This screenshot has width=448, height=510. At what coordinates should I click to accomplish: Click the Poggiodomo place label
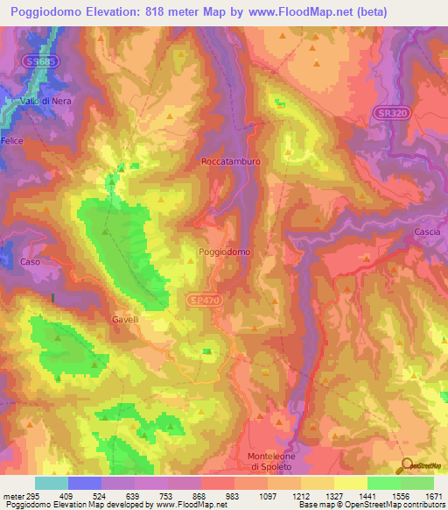pyautogui.click(x=225, y=251)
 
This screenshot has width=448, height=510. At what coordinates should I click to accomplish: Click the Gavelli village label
pyautogui.click(x=125, y=320)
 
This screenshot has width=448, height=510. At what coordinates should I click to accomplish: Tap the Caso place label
pyautogui.click(x=31, y=262)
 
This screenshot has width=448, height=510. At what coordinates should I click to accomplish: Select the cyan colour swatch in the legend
pyautogui.click(x=52, y=483)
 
